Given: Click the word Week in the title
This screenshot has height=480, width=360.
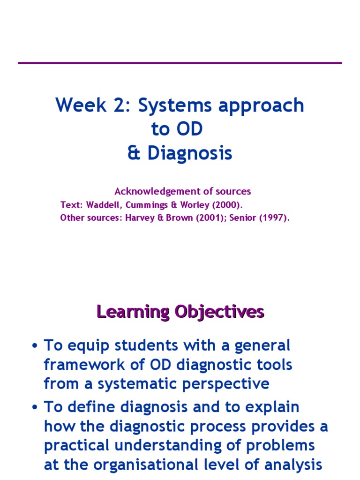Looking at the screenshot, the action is [x=81, y=105].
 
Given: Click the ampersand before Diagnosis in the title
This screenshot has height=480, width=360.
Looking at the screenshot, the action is [x=134, y=152].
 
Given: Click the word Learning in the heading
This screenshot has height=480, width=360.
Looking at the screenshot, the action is [x=133, y=312].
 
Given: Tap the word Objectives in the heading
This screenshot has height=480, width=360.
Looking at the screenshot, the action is [x=219, y=312].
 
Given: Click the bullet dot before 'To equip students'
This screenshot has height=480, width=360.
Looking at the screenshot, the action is [x=35, y=346].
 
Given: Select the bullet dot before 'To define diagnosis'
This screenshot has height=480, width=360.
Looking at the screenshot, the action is [x=35, y=407].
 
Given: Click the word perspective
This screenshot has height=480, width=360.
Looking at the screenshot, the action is [x=225, y=384].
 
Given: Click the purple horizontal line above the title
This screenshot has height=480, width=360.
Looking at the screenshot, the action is [x=180, y=63].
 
